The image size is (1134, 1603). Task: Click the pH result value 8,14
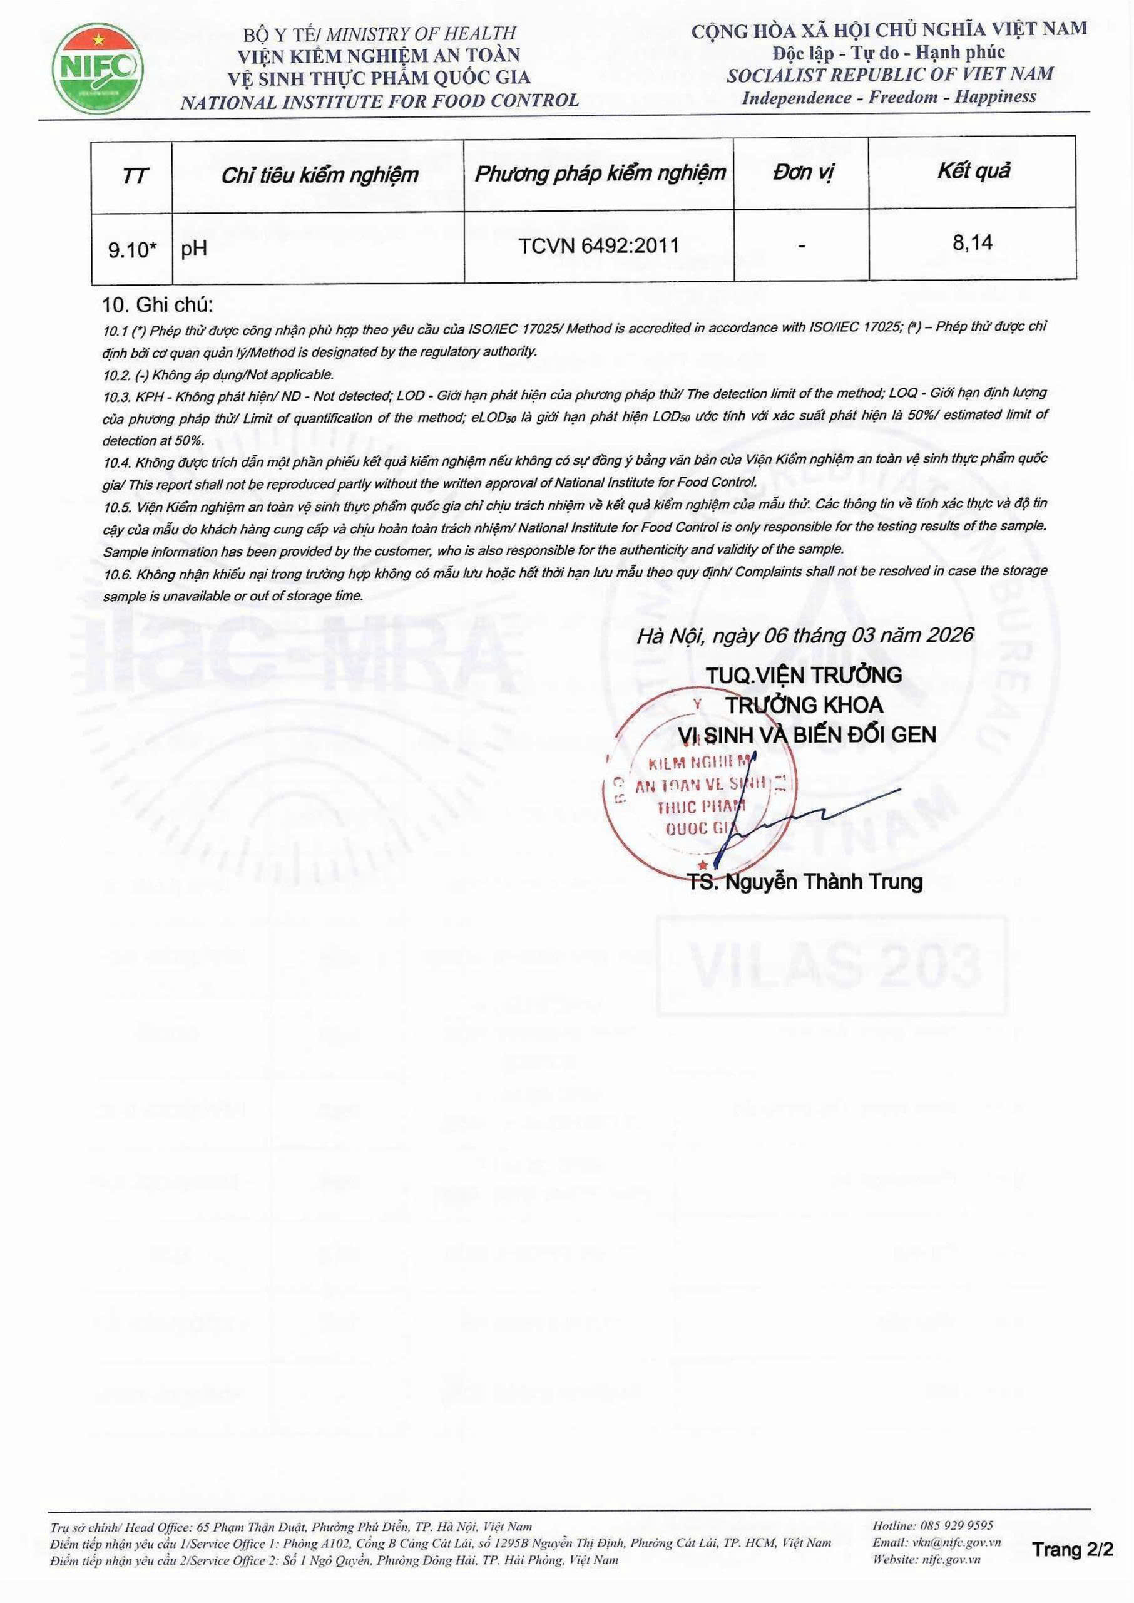tap(972, 243)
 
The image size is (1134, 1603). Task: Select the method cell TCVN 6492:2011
tap(598, 246)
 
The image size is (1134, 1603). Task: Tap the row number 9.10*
tap(132, 249)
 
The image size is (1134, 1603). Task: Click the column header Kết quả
tap(973, 171)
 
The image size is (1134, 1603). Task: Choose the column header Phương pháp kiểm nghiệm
tap(600, 173)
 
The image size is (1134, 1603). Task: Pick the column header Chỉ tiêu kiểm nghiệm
tap(319, 175)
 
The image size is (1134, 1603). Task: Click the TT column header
tap(134, 176)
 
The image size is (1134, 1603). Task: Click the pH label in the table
tap(194, 249)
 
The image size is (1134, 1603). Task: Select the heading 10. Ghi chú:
tap(157, 305)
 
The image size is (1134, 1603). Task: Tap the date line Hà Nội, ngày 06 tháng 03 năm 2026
tap(804, 634)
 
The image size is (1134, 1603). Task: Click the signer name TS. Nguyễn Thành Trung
tap(805, 882)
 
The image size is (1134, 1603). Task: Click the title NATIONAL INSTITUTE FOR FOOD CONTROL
tap(380, 101)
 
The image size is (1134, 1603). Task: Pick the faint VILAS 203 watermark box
tap(833, 966)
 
